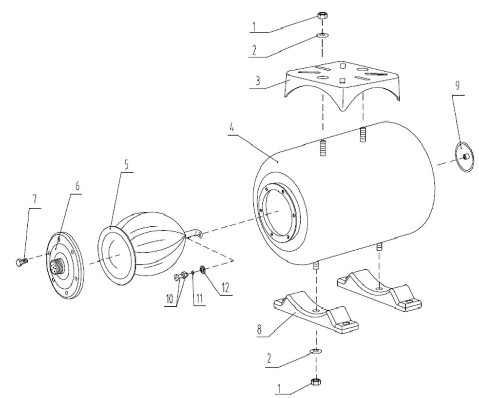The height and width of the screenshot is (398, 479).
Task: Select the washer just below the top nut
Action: click(322, 35)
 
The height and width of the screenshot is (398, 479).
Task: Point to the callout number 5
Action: click(127, 164)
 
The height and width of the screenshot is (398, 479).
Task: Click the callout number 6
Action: click(78, 186)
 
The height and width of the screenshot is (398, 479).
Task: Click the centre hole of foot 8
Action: click(317, 310)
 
